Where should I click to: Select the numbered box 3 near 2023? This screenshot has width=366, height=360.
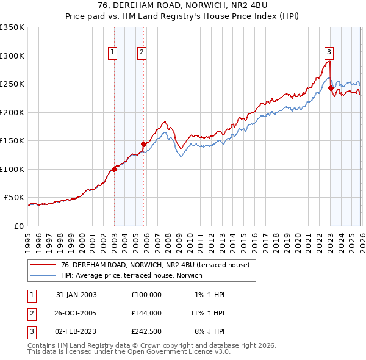point(329,52)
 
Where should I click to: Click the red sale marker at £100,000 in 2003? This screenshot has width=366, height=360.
point(114,169)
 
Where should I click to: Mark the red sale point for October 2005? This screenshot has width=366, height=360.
point(143,144)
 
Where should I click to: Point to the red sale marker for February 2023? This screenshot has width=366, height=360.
point(331,88)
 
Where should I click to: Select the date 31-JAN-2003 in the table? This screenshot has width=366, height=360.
point(76,295)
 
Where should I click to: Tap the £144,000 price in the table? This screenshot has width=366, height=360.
point(146,313)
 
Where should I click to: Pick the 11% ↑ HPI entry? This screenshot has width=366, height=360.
point(208,313)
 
